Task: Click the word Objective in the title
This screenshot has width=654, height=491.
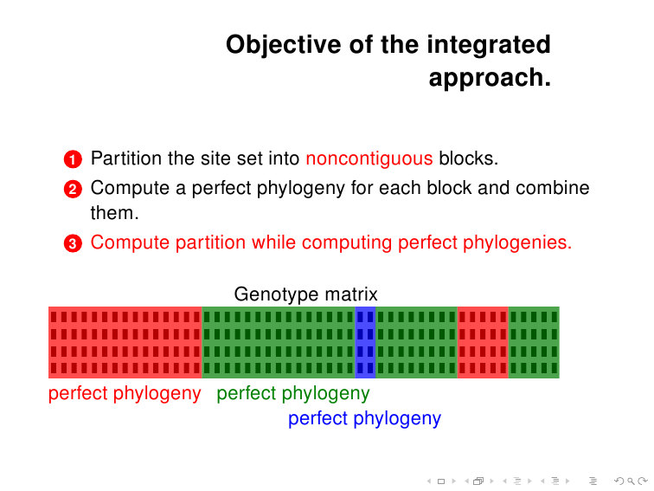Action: (284, 45)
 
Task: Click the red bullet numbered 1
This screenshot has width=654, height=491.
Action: (73, 159)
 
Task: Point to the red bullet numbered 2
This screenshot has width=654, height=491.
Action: (73, 189)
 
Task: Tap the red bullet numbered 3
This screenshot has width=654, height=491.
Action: (73, 243)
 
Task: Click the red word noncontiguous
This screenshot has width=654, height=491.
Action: (369, 159)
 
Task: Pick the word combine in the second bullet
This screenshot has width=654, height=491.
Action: (552, 188)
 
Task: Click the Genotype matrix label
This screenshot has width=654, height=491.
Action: (305, 294)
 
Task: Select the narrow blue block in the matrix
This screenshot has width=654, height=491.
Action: (365, 342)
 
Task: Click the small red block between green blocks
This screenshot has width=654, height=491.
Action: (483, 342)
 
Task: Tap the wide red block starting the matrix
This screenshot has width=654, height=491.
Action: (125, 342)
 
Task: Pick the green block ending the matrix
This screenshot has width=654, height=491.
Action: (534, 342)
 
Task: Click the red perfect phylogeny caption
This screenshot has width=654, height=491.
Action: (125, 393)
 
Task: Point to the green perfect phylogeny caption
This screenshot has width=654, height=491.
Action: (292, 393)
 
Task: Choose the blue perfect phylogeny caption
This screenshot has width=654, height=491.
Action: (364, 418)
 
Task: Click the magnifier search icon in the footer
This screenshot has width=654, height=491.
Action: (631, 481)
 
